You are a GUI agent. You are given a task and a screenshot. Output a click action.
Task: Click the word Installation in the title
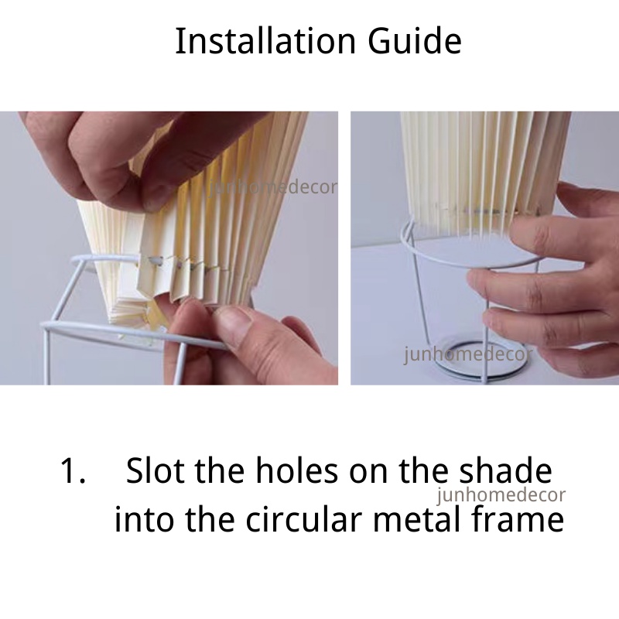pyautogui.click(x=265, y=41)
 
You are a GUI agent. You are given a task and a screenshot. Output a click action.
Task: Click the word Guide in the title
pyautogui.click(x=415, y=41)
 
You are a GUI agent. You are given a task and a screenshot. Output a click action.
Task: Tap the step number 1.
pyautogui.click(x=72, y=470)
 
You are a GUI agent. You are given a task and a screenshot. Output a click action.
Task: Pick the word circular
pyautogui.click(x=304, y=518)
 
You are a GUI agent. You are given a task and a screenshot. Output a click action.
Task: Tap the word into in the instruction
pyautogui.click(x=144, y=518)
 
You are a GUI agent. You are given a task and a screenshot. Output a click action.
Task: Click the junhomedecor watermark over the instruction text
pyautogui.click(x=501, y=495)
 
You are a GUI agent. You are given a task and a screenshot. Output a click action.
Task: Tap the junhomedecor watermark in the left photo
pyautogui.click(x=273, y=187)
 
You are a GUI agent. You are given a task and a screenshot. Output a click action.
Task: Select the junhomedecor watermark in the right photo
pyautogui.click(x=468, y=354)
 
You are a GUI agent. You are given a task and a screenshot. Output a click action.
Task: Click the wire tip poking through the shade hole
pyautogui.click(x=157, y=261)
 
